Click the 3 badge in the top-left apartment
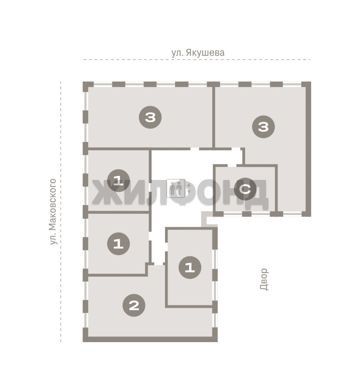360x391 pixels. [x=150, y=117]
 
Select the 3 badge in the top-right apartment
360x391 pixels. [x=263, y=127]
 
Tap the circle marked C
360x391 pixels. [x=245, y=189]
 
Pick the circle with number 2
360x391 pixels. [x=134, y=305]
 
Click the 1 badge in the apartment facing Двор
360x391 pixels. [x=190, y=268]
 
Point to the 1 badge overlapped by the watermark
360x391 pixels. [x=118, y=180]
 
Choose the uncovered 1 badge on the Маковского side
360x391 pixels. [x=118, y=244]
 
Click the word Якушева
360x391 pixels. [x=205, y=53]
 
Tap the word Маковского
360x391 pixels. [x=53, y=205]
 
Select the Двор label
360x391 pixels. [x=264, y=279]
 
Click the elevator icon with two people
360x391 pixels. [x=176, y=188]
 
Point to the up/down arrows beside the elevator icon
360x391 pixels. [x=189, y=188]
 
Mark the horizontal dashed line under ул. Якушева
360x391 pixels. [x=197, y=60]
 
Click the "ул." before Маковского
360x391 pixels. [x=53, y=239]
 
